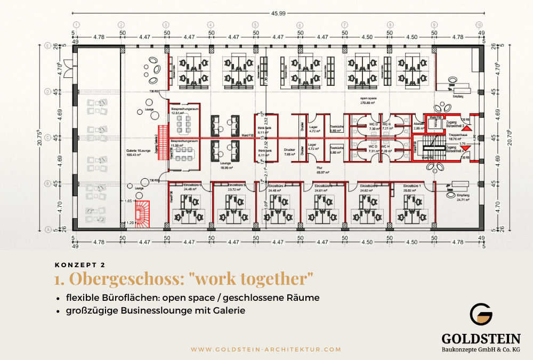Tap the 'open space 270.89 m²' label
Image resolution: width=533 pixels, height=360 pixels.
(369, 101)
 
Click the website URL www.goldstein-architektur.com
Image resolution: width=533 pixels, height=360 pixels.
(266, 349)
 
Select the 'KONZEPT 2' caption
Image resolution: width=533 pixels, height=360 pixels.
(79, 264)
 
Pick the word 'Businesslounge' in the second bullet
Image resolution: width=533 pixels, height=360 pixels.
(177, 310)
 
